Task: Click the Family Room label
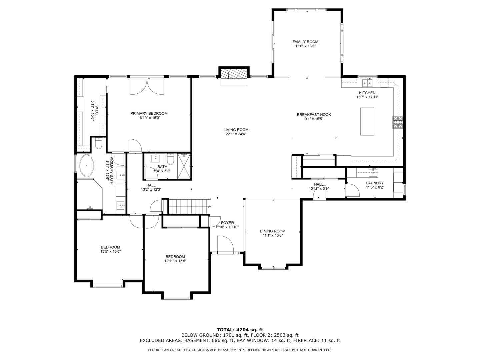coord(305,42)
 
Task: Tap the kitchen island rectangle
coord(367,122)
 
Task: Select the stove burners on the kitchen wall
coord(398,122)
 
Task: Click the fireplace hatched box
coord(233,74)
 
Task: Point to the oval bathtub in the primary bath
coord(87,166)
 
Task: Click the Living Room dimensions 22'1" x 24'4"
coord(236,134)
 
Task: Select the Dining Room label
coord(272,231)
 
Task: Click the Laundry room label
coord(375,183)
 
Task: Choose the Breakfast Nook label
coord(314,115)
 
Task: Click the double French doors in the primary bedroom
coord(147,86)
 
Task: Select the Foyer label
coord(227,223)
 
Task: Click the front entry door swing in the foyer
coord(226,244)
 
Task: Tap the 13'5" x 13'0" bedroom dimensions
coord(110,252)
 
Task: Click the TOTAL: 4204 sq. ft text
coord(240,330)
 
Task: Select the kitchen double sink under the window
coord(367,83)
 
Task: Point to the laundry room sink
coord(373,172)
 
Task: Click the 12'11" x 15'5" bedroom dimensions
coord(175,261)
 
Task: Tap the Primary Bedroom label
coord(149,113)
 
